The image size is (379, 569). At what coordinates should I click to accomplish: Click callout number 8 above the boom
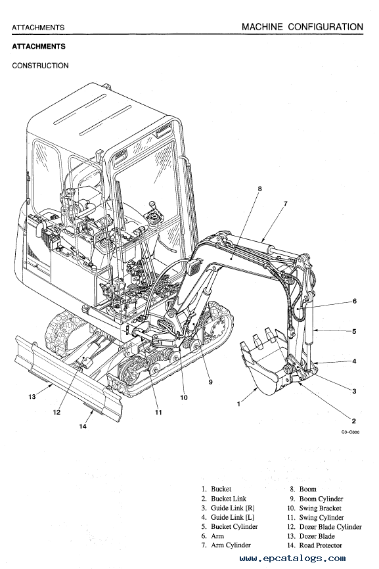[259, 189]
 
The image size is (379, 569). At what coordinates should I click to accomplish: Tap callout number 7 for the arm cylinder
[286, 204]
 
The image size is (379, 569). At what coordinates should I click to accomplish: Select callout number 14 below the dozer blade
[83, 426]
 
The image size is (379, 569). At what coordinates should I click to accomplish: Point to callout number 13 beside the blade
[32, 397]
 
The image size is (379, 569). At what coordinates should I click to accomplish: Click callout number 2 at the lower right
[354, 421]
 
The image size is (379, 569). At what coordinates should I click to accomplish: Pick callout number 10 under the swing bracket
[184, 398]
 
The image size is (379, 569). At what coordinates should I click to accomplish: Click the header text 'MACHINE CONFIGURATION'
[302, 27]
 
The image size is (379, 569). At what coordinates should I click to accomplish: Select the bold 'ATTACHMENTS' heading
[39, 47]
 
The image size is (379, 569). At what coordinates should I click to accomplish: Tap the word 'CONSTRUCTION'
[40, 66]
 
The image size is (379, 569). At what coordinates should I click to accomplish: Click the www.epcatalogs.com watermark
[293, 558]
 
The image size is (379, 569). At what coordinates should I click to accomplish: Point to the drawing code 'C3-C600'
[351, 432]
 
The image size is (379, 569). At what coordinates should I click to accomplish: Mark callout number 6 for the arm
[354, 301]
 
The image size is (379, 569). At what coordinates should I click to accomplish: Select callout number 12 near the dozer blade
[56, 412]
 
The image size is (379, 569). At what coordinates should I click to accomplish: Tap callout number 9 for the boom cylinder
[211, 382]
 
